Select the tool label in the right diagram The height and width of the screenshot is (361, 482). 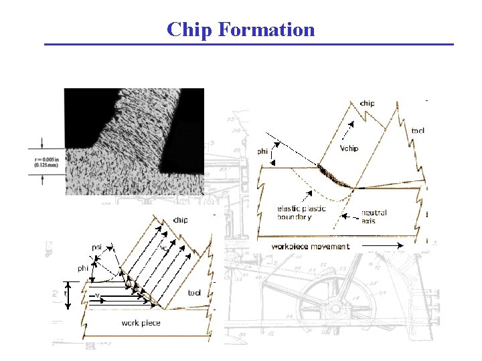coord(417,130)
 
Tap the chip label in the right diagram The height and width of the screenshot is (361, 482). coord(367,104)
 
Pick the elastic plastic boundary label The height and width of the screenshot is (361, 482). coord(301,213)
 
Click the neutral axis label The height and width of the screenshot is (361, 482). coord(374,216)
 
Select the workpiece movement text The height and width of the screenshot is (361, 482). coord(310,246)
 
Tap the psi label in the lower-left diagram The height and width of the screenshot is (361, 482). coord(98,245)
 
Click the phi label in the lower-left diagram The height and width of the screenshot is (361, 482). coord(83,268)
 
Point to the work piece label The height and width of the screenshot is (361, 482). coord(141,323)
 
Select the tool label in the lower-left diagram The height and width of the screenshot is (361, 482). coord(194,293)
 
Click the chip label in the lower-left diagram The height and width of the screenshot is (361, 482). coord(180,220)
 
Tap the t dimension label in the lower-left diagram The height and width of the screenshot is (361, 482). coord(65,293)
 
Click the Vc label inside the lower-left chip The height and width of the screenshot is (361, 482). coord(163,247)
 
